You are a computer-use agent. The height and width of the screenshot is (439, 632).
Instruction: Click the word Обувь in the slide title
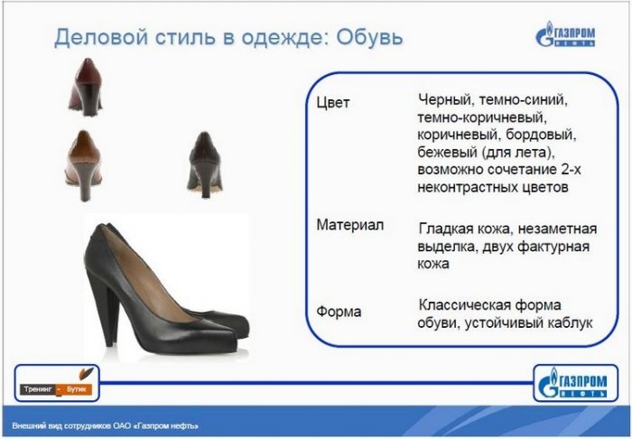(369, 37)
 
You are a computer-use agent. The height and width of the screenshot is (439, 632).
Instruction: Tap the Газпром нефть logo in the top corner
(565, 34)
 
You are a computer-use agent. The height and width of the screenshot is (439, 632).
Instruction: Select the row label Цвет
(333, 102)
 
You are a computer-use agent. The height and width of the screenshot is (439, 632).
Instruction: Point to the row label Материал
(350, 225)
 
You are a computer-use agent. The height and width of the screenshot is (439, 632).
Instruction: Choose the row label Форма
(339, 312)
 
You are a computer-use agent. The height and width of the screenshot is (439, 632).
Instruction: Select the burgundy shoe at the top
(85, 87)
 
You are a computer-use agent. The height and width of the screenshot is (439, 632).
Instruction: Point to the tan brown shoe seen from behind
(83, 165)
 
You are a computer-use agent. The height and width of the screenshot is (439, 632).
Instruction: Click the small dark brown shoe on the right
(205, 164)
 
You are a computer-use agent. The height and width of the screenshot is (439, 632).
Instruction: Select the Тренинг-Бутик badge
(56, 383)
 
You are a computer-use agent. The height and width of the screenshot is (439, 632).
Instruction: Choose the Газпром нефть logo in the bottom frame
(575, 383)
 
